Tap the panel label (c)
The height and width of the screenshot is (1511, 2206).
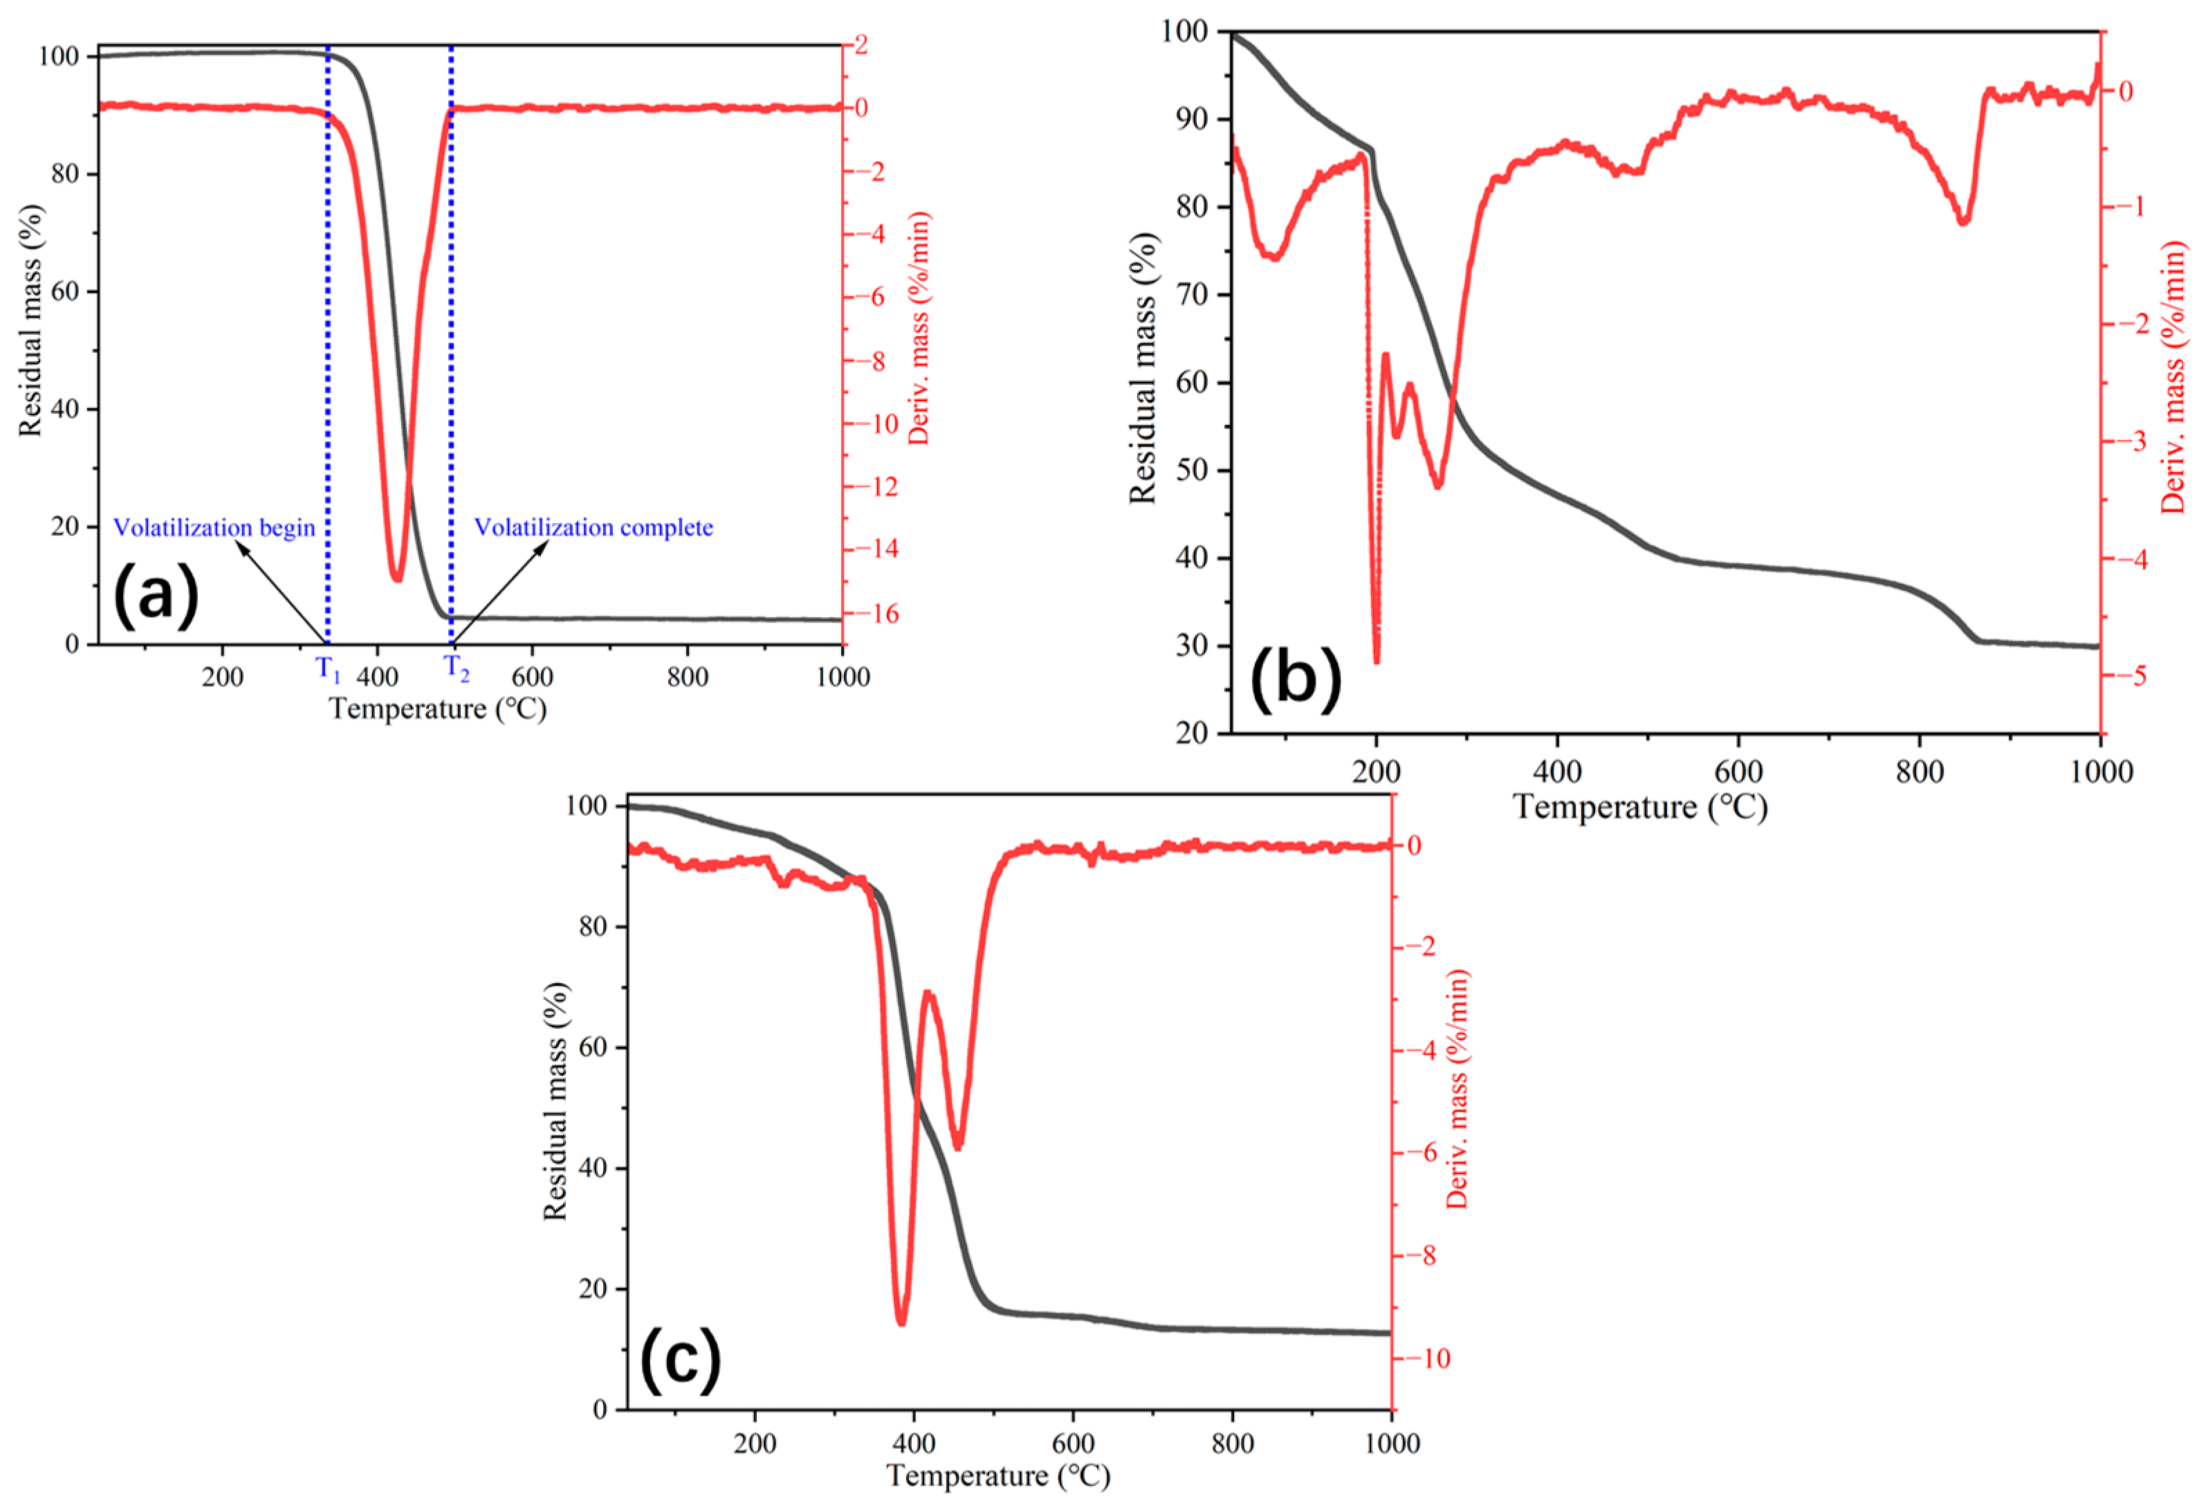(679, 1361)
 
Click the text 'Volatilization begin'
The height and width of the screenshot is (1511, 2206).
(214, 528)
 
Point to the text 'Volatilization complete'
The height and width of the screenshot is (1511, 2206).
(594, 528)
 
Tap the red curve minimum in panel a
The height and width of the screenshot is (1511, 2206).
(397, 577)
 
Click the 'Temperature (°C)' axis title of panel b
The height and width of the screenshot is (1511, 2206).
(1639, 807)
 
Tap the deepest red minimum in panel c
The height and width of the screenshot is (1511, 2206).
(901, 1322)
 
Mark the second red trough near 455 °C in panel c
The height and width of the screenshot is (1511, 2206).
(958, 1146)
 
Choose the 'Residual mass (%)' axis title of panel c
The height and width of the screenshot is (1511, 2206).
(555, 1101)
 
